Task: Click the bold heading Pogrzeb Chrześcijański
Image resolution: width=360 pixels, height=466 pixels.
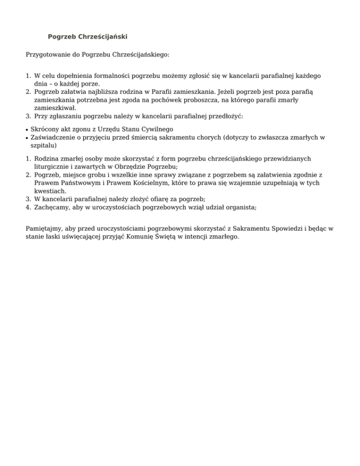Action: coord(88,37)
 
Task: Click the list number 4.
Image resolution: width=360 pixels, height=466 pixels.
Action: coord(28,206)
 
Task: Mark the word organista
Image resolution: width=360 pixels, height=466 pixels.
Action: coord(239,206)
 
